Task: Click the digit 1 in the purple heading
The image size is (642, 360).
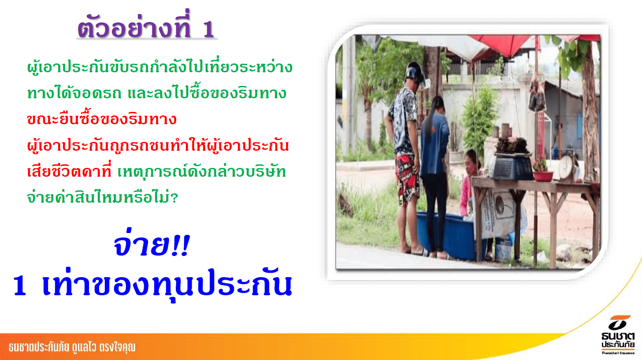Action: [209, 30]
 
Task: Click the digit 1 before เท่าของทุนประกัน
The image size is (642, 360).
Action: [20, 285]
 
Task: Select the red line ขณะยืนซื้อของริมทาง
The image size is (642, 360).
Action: [102, 119]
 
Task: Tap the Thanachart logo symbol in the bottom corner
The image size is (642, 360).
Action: [619, 322]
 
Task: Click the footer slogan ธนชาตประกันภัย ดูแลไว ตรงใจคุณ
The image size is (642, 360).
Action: [72, 347]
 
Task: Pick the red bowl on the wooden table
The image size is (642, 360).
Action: [543, 176]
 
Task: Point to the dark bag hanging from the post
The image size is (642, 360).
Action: [537, 95]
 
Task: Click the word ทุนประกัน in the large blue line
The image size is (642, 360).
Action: [223, 284]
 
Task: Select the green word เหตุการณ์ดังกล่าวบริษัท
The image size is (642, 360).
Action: [201, 171]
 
